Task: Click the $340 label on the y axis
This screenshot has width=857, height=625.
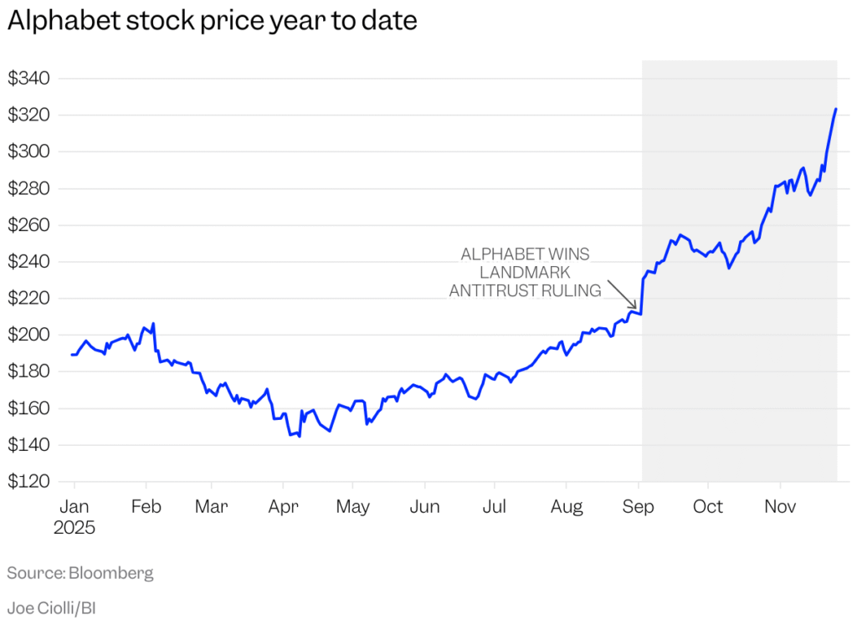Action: (x=29, y=79)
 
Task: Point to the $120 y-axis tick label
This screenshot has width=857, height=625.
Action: (x=29, y=482)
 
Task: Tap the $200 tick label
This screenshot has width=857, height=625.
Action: (x=29, y=336)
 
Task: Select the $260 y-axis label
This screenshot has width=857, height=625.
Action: (x=29, y=225)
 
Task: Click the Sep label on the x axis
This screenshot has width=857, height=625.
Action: (x=639, y=507)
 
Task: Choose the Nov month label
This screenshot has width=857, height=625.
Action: (x=780, y=507)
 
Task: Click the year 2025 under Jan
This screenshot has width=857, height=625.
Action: (x=74, y=529)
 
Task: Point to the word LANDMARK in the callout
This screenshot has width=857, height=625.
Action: (x=525, y=273)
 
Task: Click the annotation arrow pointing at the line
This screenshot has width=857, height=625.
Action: (x=622, y=295)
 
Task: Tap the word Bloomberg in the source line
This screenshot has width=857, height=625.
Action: (x=111, y=573)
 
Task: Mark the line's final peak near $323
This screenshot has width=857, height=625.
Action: (x=835, y=109)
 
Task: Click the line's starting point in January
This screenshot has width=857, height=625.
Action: (x=72, y=355)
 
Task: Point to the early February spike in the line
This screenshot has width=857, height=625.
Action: (x=154, y=324)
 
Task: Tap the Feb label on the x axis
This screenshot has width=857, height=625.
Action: (x=146, y=507)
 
